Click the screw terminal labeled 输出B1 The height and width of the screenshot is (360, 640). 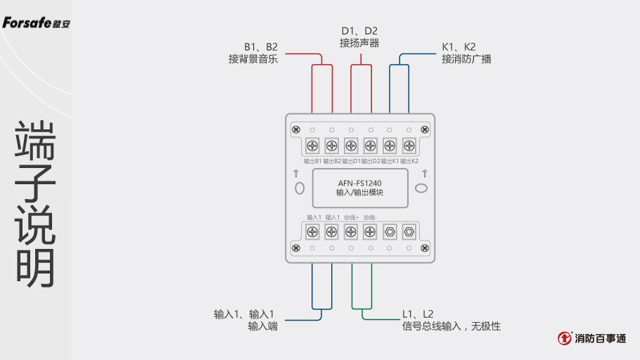tap(312, 146)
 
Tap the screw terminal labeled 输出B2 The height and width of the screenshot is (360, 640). tap(331, 146)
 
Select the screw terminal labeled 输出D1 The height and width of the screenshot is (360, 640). tap(351, 146)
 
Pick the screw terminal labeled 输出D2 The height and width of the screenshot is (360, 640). tap(370, 146)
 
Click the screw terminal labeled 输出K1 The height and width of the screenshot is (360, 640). tap(390, 146)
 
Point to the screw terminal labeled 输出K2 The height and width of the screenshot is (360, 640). tap(409, 146)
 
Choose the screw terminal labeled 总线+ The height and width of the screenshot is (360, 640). tap(351, 231)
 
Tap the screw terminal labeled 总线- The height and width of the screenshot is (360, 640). tap(370, 231)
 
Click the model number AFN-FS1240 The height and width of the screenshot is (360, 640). tap(360, 183)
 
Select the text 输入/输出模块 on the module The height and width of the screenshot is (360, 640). tap(360, 192)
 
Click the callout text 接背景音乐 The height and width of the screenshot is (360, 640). tap(253, 59)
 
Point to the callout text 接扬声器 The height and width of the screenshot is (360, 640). tap(359, 44)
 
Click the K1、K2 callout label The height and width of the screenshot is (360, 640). tap(459, 47)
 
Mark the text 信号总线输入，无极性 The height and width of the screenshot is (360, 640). tap(452, 326)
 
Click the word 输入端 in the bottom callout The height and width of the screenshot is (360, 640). tap(263, 326)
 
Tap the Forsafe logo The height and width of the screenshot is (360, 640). tap(36, 23)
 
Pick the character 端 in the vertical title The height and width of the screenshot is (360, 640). tap(35, 139)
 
